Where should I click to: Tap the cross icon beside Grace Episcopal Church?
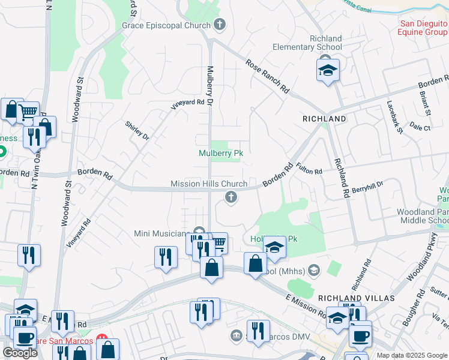click(220, 25)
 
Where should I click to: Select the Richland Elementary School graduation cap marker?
click(328, 70)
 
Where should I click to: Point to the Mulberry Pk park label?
click(221, 154)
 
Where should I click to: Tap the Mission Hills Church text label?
click(209, 184)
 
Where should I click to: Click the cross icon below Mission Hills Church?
click(231, 197)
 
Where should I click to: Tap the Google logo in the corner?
click(20, 353)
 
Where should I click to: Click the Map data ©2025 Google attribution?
click(412, 355)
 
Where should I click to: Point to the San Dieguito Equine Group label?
click(424, 28)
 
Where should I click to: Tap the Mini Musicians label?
click(161, 233)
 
